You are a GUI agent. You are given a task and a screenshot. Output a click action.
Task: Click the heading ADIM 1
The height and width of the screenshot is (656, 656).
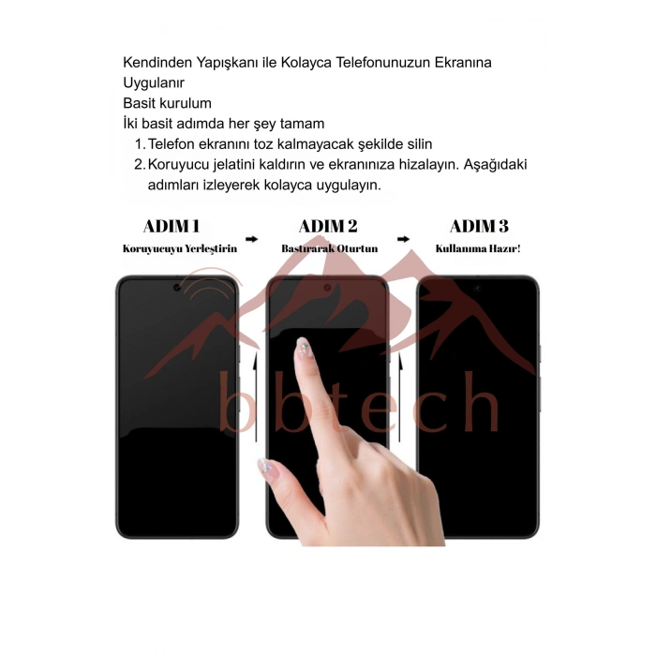point(171,227)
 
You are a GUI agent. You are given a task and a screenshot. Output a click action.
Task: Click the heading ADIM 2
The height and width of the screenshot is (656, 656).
point(328,227)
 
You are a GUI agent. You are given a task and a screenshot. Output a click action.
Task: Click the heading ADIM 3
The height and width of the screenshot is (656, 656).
point(479,227)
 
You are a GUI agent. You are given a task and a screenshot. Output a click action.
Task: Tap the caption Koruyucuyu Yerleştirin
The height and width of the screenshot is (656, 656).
point(180,249)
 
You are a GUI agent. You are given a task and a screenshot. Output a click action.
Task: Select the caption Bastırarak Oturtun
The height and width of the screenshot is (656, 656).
point(330,249)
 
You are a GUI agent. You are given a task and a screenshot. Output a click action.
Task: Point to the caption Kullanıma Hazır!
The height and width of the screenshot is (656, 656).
point(478,249)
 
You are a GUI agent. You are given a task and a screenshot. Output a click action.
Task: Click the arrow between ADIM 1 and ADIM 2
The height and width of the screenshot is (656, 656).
point(251,239)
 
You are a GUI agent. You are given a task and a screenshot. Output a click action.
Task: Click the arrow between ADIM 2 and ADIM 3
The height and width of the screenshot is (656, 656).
point(403,239)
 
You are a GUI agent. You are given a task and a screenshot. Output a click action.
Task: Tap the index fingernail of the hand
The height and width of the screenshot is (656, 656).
point(303,348)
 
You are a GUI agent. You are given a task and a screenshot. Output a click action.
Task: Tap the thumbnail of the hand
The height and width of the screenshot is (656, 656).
point(266,469)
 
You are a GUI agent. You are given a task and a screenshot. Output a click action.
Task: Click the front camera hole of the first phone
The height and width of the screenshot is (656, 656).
point(177,288)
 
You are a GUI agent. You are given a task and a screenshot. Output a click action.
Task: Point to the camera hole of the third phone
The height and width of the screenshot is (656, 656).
point(477,288)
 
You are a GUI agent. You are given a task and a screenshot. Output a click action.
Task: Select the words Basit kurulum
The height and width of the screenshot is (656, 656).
point(167,103)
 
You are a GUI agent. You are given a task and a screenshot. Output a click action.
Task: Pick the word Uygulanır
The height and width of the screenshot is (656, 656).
point(154,83)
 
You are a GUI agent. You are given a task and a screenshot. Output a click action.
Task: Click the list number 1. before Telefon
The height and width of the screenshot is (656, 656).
point(141,144)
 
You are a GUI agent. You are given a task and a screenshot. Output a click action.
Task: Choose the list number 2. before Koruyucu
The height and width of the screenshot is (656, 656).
point(140,164)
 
